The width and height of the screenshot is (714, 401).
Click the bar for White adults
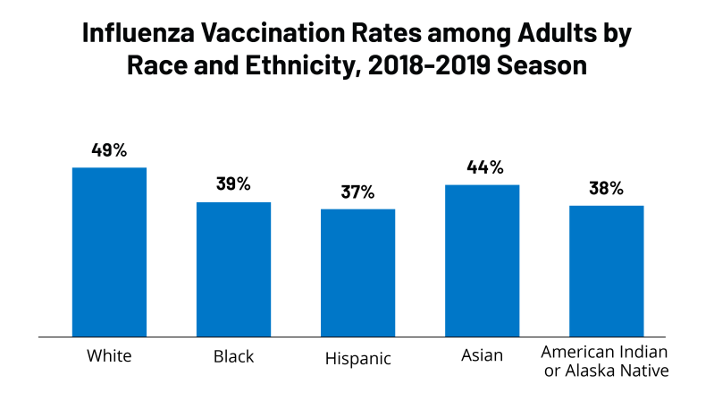[x=109, y=252]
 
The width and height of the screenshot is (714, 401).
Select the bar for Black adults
[x=233, y=269]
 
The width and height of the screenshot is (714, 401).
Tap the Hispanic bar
[x=357, y=273]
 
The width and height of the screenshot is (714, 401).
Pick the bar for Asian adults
[x=482, y=260]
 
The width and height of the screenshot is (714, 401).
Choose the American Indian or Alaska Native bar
[x=606, y=271]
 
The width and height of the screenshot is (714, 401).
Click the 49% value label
[x=109, y=149]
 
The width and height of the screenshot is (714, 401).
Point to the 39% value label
[x=233, y=184]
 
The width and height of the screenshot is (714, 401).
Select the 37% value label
[x=357, y=192]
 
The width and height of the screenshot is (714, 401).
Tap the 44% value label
[x=482, y=167]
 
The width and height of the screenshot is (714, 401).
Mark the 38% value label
[x=606, y=188]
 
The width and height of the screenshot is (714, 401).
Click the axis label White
[x=109, y=356]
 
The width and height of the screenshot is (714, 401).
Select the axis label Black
[x=233, y=356]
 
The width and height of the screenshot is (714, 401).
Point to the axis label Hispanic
[x=357, y=359]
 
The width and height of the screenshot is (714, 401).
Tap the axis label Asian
[x=482, y=356]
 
